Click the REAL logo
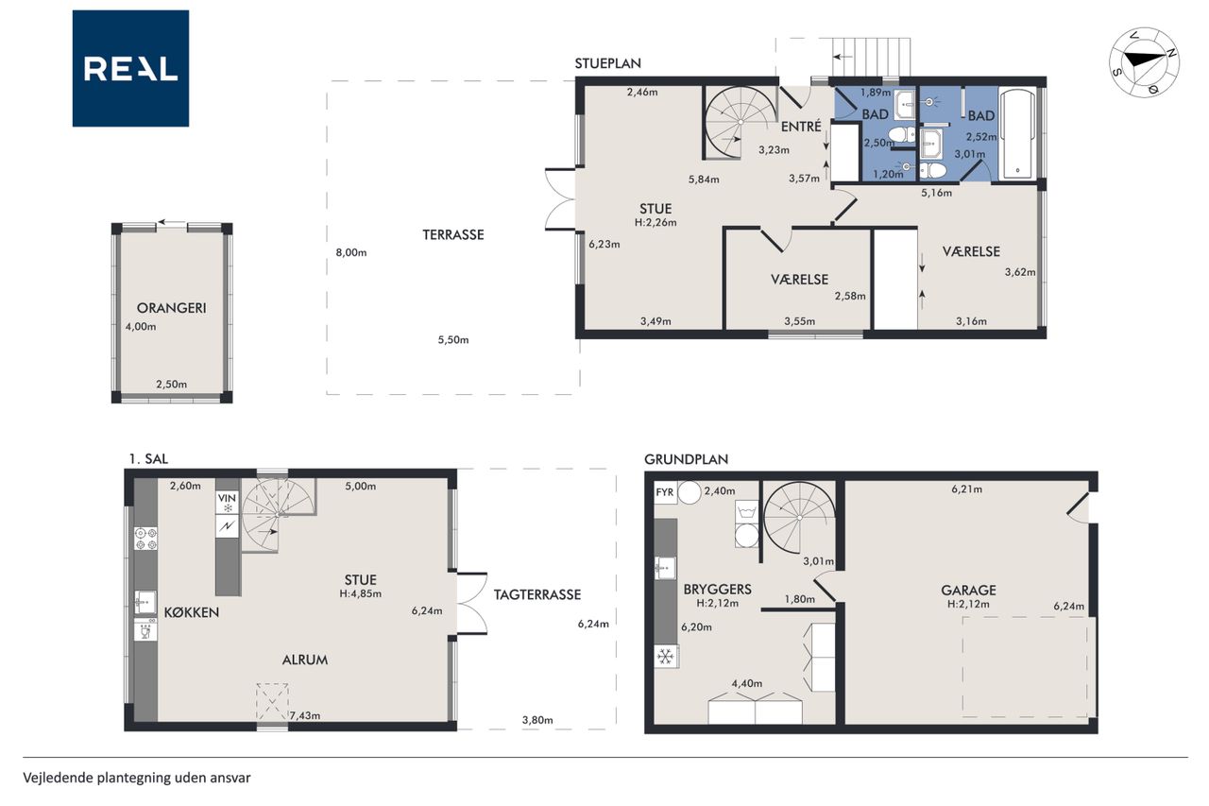tap(130, 69)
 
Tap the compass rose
tap(1144, 62)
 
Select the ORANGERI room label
tap(171, 308)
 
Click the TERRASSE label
tap(452, 235)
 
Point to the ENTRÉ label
tap(801, 127)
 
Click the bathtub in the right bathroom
tap(1018, 133)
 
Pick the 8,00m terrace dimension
tap(350, 252)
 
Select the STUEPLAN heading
tap(607, 63)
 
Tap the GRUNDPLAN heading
tap(686, 459)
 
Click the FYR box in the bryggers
tap(665, 492)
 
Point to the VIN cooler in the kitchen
tap(228, 503)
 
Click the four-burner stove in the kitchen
tap(145, 539)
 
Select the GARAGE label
tap(968, 590)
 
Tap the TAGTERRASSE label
tap(537, 594)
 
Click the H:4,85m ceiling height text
tap(361, 593)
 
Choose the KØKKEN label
tap(192, 612)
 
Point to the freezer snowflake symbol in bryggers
tap(666, 657)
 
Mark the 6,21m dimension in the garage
tap(966, 489)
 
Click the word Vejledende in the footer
tap(58, 778)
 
